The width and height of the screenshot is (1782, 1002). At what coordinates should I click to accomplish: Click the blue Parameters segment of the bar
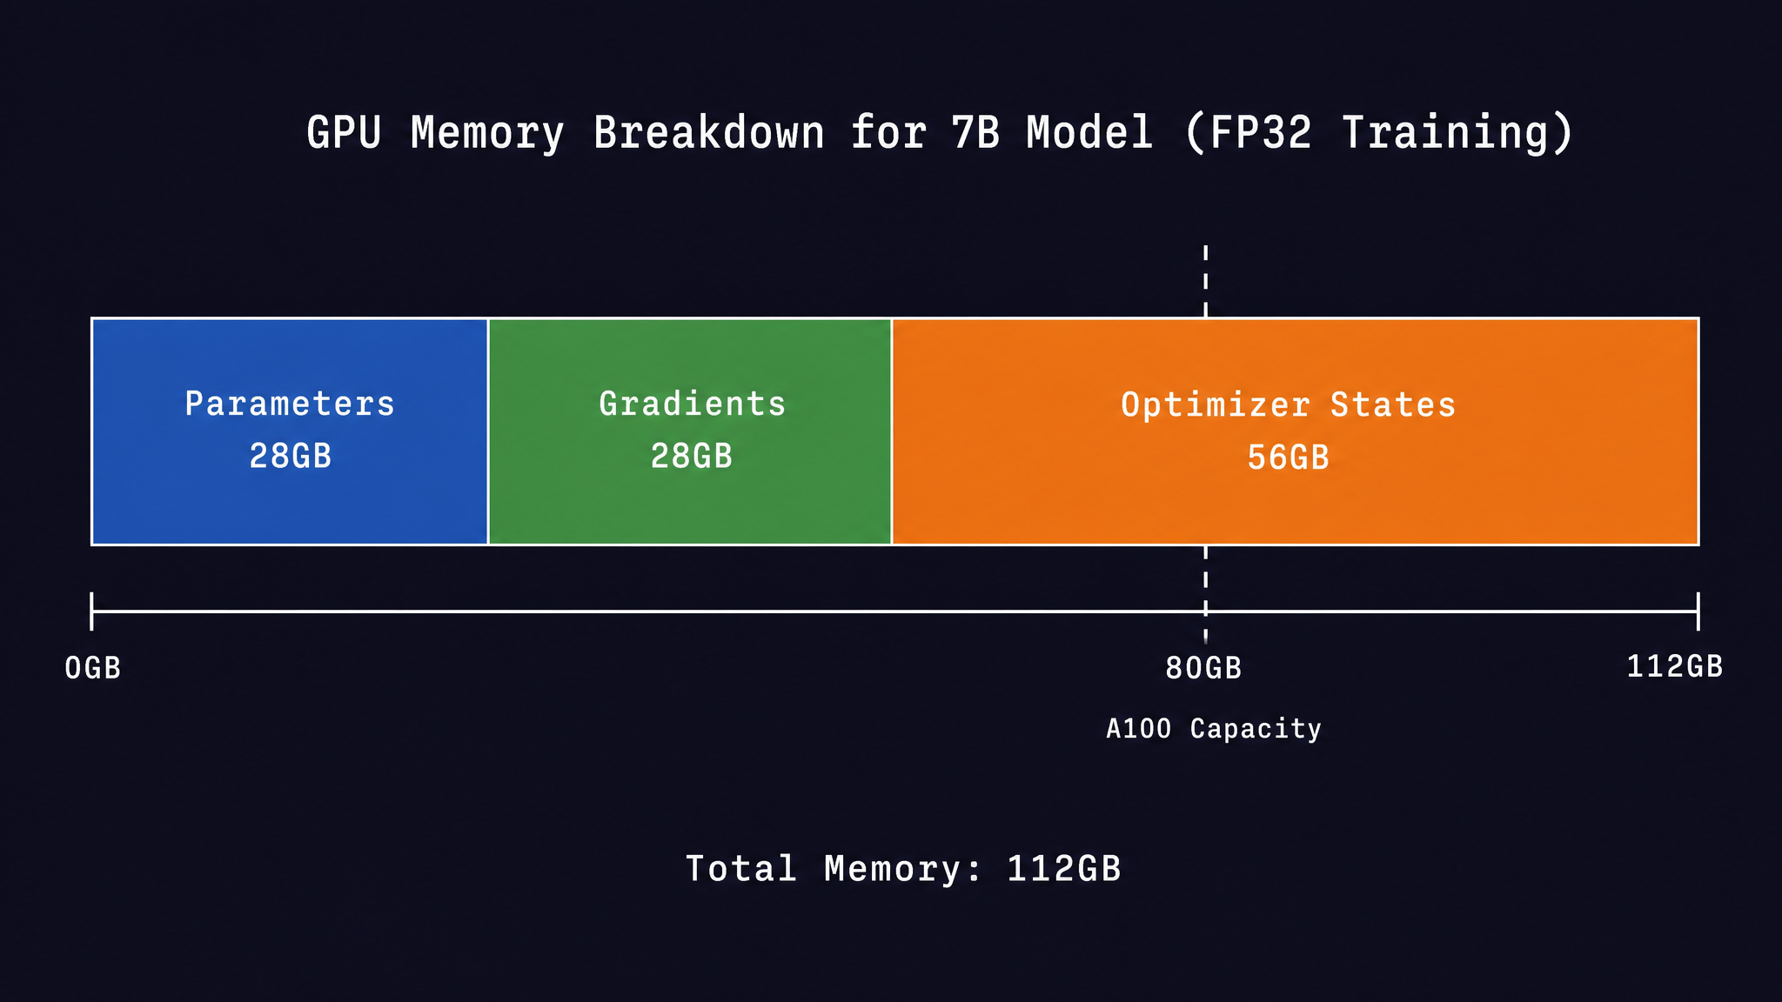coord(290,431)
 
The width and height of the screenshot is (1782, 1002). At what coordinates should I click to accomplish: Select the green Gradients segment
coord(690,431)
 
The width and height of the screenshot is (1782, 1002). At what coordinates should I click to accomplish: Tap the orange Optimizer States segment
coord(1296,431)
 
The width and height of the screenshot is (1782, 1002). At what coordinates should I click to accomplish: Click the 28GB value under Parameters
coord(291,456)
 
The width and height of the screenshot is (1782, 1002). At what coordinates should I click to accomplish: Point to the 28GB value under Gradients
coord(692,456)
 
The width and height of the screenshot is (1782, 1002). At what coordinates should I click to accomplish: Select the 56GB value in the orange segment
coord(1289,458)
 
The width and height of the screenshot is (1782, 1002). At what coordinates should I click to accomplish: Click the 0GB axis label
coord(93,668)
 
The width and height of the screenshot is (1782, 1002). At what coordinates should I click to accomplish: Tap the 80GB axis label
coord(1203,668)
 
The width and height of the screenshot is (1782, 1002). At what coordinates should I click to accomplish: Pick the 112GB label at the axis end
coord(1675,666)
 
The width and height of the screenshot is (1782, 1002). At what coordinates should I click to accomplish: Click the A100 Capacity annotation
coord(1214,728)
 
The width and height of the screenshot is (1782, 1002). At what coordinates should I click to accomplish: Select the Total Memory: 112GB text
coord(903,869)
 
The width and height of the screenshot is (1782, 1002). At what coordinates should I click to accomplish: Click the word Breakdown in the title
coord(709,132)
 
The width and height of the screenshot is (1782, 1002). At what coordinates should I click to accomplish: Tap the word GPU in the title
coord(344,132)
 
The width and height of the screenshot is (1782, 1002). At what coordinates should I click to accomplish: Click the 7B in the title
coord(976,132)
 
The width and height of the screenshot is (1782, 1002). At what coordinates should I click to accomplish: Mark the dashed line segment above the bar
coord(1205,281)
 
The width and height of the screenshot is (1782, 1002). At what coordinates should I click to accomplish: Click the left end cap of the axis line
coord(91,611)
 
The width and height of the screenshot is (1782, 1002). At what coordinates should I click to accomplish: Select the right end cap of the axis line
coord(1698,611)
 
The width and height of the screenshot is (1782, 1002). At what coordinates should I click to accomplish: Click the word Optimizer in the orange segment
coord(1216,405)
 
